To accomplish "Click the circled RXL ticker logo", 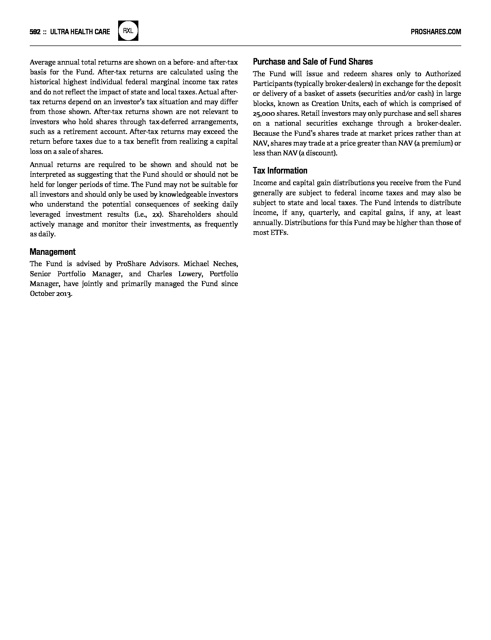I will (x=128, y=31).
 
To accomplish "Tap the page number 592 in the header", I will (x=35, y=32).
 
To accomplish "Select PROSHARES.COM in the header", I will (x=436, y=32).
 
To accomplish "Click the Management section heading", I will (x=52, y=252).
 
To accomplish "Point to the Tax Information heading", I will (x=280, y=171).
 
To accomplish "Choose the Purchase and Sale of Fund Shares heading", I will (x=312, y=62).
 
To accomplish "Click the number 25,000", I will (x=264, y=114).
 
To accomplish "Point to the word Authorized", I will (x=443, y=74).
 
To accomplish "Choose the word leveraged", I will (x=45, y=214).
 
